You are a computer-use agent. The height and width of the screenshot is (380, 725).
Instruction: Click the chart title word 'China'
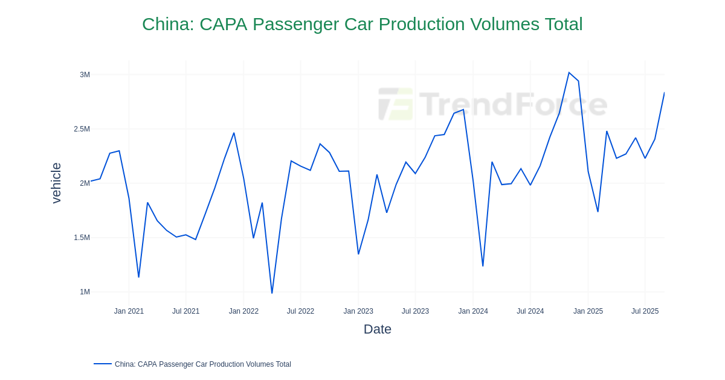click(167, 24)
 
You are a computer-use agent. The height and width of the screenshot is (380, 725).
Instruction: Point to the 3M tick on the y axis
click(85, 75)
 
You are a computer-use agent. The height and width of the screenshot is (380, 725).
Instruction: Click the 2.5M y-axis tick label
click(82, 129)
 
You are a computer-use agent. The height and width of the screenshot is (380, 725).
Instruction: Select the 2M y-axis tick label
click(85, 183)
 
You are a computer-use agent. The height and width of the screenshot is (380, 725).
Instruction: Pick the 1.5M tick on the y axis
click(82, 238)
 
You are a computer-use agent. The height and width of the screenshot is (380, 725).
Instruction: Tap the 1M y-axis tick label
click(85, 292)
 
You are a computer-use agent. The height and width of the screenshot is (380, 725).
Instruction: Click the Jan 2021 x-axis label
click(129, 311)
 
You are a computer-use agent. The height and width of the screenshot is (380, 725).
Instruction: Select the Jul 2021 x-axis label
click(185, 311)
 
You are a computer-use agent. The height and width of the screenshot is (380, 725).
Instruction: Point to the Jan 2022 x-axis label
click(243, 311)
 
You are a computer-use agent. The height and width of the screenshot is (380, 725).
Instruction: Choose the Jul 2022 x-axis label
click(300, 311)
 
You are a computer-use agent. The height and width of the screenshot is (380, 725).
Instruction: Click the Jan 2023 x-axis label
click(358, 311)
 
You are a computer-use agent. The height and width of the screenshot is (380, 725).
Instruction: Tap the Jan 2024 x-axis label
click(473, 311)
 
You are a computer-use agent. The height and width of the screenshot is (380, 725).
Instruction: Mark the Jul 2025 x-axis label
click(645, 311)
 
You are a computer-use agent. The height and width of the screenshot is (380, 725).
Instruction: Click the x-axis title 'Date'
click(377, 329)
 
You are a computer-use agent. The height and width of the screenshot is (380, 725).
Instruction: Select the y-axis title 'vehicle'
click(56, 183)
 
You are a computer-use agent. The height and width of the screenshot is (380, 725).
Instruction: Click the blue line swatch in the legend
click(103, 364)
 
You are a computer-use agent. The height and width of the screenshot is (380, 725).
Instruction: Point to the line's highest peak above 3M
click(569, 73)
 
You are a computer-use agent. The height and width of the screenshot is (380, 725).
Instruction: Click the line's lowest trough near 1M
click(272, 293)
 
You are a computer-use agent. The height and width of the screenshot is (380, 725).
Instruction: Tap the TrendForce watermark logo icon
click(396, 104)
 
